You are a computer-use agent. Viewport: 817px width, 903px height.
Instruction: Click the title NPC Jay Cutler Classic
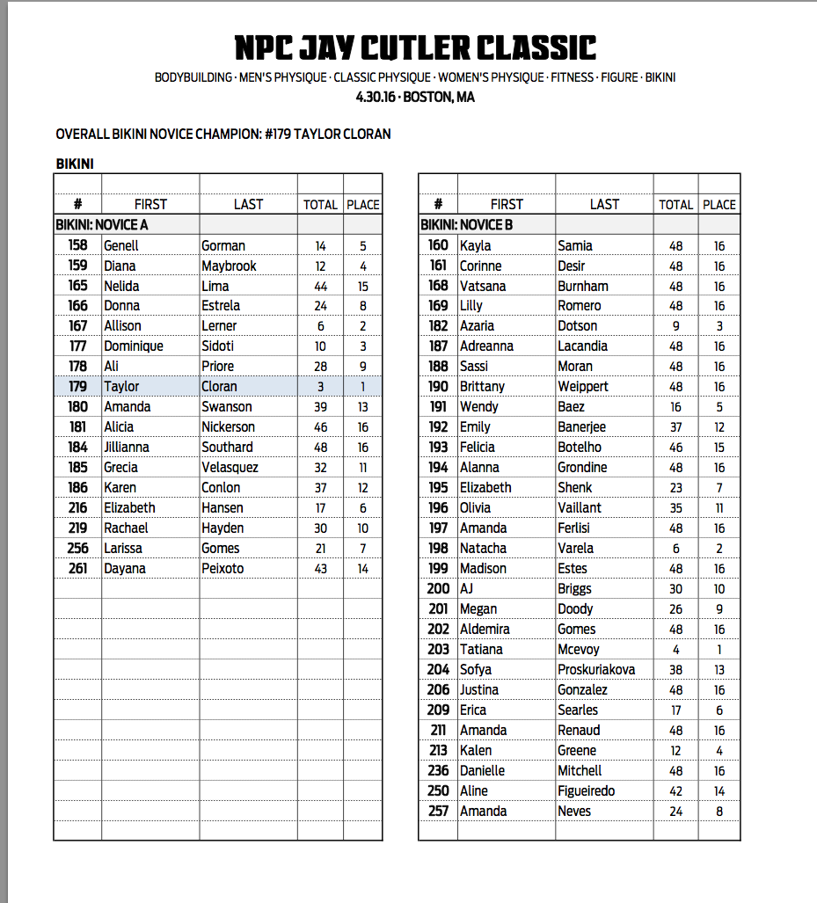pyautogui.click(x=415, y=47)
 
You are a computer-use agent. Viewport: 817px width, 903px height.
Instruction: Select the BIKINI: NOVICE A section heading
pyautogui.click(x=102, y=224)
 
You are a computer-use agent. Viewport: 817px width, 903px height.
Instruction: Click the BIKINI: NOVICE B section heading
pyautogui.click(x=466, y=224)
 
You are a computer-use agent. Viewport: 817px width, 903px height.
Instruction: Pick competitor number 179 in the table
pyautogui.click(x=77, y=386)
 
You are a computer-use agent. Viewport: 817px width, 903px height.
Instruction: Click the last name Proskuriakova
pyautogui.click(x=596, y=669)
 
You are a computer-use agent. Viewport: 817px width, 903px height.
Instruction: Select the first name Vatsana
pyautogui.click(x=484, y=286)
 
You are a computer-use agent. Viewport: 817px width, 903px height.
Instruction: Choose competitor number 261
pyautogui.click(x=77, y=568)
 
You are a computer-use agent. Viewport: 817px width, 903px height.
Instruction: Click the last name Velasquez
pyautogui.click(x=231, y=467)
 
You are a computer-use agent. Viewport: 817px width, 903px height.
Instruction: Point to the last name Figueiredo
pyautogui.click(x=587, y=790)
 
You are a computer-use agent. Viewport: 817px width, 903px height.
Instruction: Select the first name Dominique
pyautogui.click(x=134, y=346)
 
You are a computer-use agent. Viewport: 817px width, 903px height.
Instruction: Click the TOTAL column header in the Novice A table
pyautogui.click(x=320, y=204)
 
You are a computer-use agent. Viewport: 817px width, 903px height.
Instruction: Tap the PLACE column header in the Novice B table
pyautogui.click(x=719, y=204)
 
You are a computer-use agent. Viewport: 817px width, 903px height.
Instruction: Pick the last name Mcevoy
pyautogui.click(x=579, y=649)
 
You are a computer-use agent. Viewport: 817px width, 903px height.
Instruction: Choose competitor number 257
pyautogui.click(x=438, y=811)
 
